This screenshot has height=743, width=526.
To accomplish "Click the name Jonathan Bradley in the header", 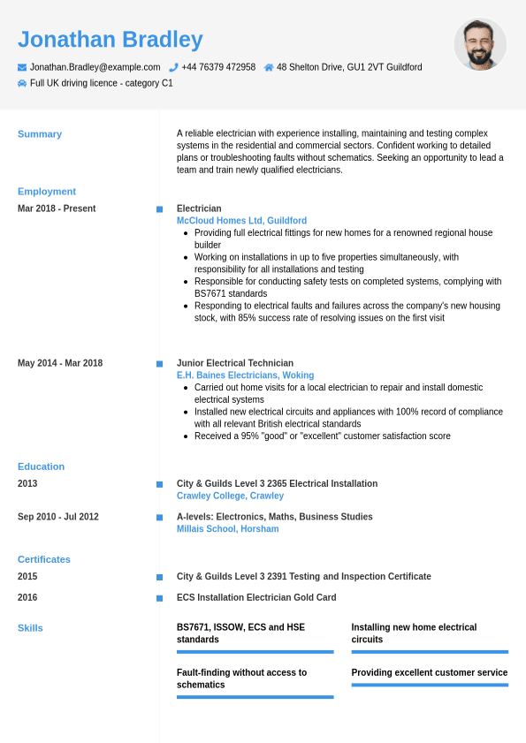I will [x=111, y=40].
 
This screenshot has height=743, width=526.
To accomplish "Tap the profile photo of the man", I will [x=480, y=44].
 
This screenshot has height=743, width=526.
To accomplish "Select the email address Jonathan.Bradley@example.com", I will [x=95, y=67].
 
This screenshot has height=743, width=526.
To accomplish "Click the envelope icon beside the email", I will [x=22, y=67].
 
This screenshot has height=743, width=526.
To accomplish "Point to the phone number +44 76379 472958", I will [x=218, y=67].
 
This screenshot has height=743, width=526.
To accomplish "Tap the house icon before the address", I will [x=269, y=67].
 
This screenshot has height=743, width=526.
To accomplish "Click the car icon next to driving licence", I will [x=22, y=83].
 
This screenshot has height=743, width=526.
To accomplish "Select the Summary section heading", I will [x=40, y=134].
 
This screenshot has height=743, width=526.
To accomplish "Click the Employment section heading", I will [x=47, y=192].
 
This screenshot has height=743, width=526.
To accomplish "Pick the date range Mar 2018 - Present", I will [x=57, y=208].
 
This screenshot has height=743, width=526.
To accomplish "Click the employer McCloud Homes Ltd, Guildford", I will [x=241, y=221].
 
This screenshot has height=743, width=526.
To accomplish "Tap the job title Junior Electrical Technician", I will [x=235, y=363].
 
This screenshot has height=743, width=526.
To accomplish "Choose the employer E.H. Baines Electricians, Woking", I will [x=245, y=375].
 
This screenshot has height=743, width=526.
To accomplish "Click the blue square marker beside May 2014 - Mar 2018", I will [x=160, y=364].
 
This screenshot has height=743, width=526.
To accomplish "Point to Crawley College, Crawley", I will [x=230, y=497].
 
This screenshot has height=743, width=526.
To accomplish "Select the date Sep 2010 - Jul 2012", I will [x=58, y=517].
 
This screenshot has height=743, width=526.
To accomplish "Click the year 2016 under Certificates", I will [x=27, y=598].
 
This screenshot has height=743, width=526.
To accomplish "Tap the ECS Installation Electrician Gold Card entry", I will [x=256, y=598].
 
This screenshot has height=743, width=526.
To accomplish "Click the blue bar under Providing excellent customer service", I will [x=430, y=685].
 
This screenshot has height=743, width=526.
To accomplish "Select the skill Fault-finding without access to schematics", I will [x=241, y=679].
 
